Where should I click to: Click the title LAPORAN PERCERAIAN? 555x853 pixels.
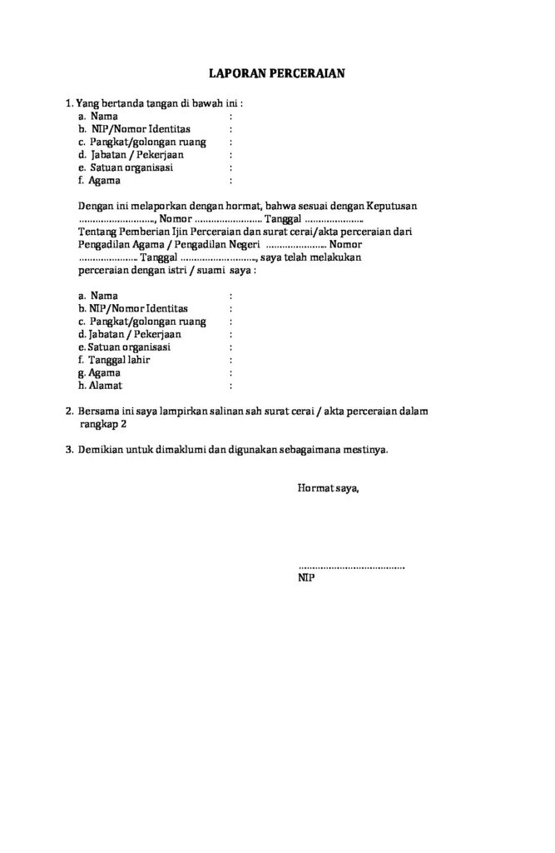[x=276, y=73]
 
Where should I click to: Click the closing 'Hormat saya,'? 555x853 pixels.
[x=329, y=487]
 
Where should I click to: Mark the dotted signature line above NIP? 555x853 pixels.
[x=351, y=566]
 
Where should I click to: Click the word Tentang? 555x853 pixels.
[x=98, y=231]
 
